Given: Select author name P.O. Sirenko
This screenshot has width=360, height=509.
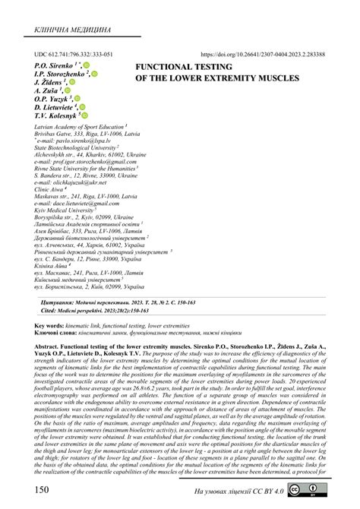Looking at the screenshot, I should [x=55, y=66].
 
